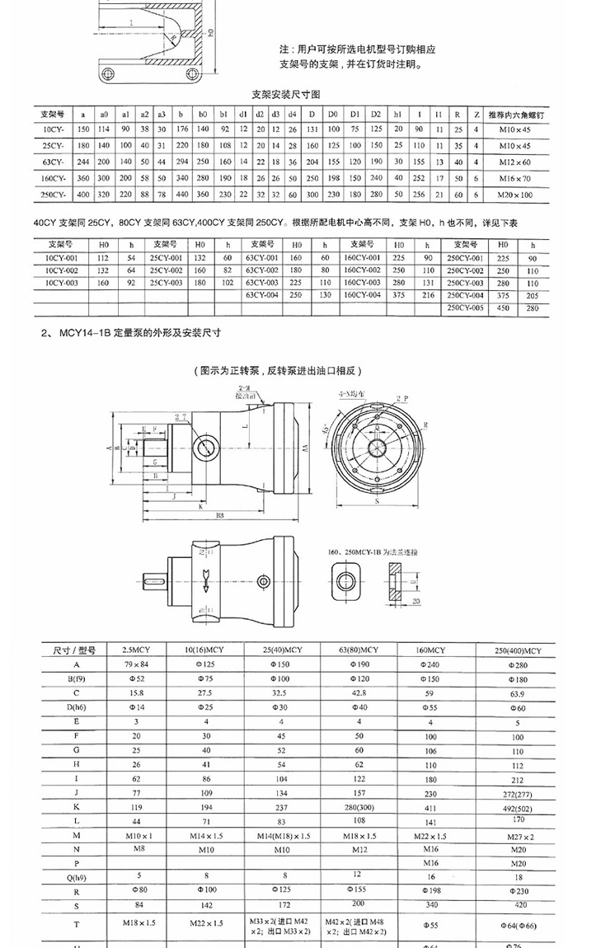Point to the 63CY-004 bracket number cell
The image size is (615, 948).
pos(261,294)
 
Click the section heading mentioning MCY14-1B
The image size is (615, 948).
pos(132,334)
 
